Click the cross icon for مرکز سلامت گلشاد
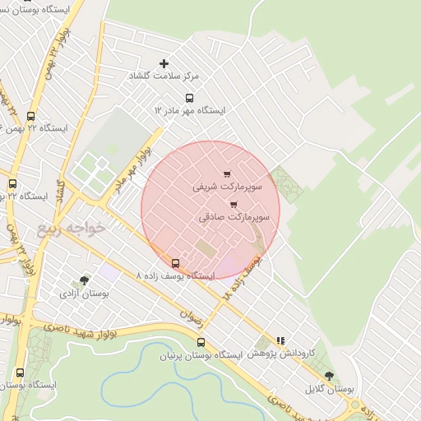[x=164, y=63]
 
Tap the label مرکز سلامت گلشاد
[x=164, y=76]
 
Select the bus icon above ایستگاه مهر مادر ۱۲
[x=190, y=98]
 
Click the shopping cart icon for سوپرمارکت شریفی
[x=227, y=173]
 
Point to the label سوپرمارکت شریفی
[x=227, y=187]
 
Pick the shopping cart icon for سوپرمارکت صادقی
[x=234, y=204]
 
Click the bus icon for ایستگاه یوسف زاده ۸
[x=175, y=263]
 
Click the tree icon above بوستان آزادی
[x=85, y=280]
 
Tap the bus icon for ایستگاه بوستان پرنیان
[x=201, y=342]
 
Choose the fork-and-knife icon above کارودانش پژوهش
[x=280, y=340]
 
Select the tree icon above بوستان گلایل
[x=329, y=376]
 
